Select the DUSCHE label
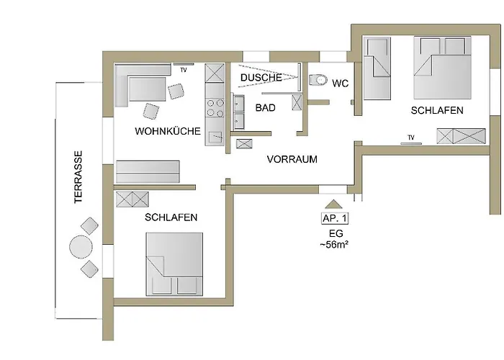[261, 77]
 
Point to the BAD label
[266, 107]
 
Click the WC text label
[341, 84]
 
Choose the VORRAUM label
[292, 159]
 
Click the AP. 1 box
[333, 218]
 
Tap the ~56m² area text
[333, 245]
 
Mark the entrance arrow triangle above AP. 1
[333, 203]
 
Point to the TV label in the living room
[184, 70]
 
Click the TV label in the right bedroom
[411, 137]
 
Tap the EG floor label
[333, 234]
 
